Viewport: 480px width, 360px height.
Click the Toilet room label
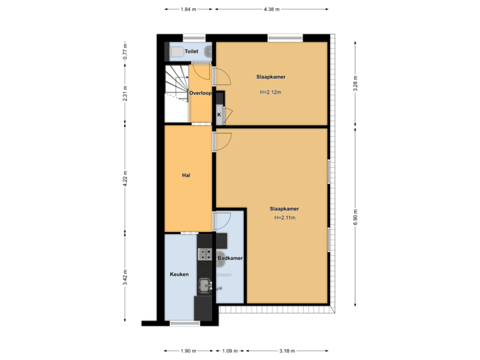(x=191, y=51)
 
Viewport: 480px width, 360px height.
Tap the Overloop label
(x=200, y=93)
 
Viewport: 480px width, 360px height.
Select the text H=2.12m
(x=271, y=93)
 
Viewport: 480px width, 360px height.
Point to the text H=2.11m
(x=284, y=218)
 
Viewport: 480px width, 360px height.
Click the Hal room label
(x=187, y=176)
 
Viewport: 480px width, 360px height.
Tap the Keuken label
(x=179, y=274)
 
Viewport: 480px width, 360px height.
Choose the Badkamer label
(x=229, y=257)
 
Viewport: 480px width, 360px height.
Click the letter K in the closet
(x=219, y=115)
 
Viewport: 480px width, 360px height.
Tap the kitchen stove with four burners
(x=204, y=253)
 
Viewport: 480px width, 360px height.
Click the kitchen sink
(x=203, y=285)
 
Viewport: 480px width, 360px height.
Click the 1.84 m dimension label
(x=189, y=9)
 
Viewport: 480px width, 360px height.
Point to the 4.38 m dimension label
(x=271, y=9)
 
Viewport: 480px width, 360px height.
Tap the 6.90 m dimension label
(x=355, y=217)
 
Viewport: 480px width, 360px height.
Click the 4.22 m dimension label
(x=125, y=179)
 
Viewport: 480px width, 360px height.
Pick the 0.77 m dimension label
(x=125, y=51)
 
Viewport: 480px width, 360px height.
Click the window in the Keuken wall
(x=185, y=323)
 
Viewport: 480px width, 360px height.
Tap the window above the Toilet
(x=193, y=37)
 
